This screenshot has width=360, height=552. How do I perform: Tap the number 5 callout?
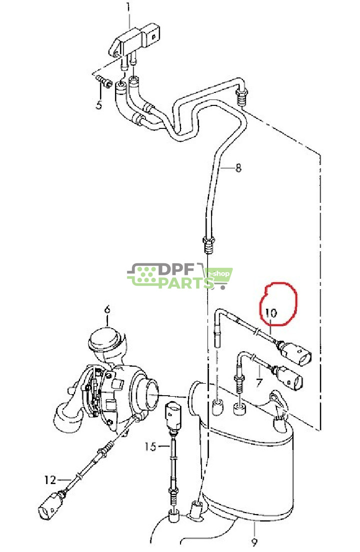tap(98, 105)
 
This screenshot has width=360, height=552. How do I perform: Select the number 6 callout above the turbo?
tap(106, 310)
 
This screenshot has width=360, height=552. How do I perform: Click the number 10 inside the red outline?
tap(270, 313)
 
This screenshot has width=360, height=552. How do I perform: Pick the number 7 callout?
tap(258, 384)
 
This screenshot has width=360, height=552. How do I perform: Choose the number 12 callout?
tap(50, 481)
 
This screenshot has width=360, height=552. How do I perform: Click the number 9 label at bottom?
tap(254, 542)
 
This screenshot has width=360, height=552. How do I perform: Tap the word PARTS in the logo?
tap(185, 283)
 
